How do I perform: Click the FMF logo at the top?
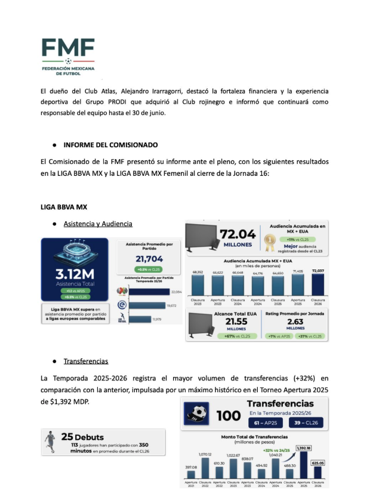67,57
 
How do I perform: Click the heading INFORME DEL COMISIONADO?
110,144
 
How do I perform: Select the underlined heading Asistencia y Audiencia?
98,224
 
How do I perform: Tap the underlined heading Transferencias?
86,361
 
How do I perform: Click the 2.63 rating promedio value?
297,322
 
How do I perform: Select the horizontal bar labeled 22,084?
148,292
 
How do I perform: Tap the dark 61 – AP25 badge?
266,423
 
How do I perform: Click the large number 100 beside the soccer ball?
229,416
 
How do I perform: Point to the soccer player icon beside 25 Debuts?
51,442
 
